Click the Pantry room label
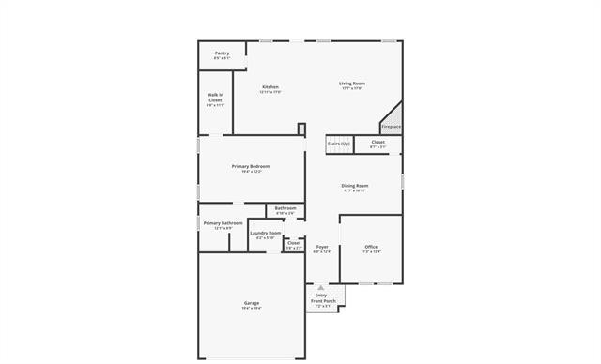(222, 53)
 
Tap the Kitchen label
(270, 87)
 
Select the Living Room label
(352, 83)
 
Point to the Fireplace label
(391, 127)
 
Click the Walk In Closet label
(215, 98)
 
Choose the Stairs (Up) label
(338, 143)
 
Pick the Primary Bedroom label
(251, 166)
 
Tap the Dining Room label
(354, 186)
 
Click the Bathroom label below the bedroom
(285, 208)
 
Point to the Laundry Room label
(265, 233)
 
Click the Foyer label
(322, 248)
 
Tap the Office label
(371, 247)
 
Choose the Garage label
(252, 303)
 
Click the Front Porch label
(323, 301)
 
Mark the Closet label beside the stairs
(378, 143)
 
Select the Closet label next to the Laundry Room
(293, 243)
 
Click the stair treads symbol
(338, 149)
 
